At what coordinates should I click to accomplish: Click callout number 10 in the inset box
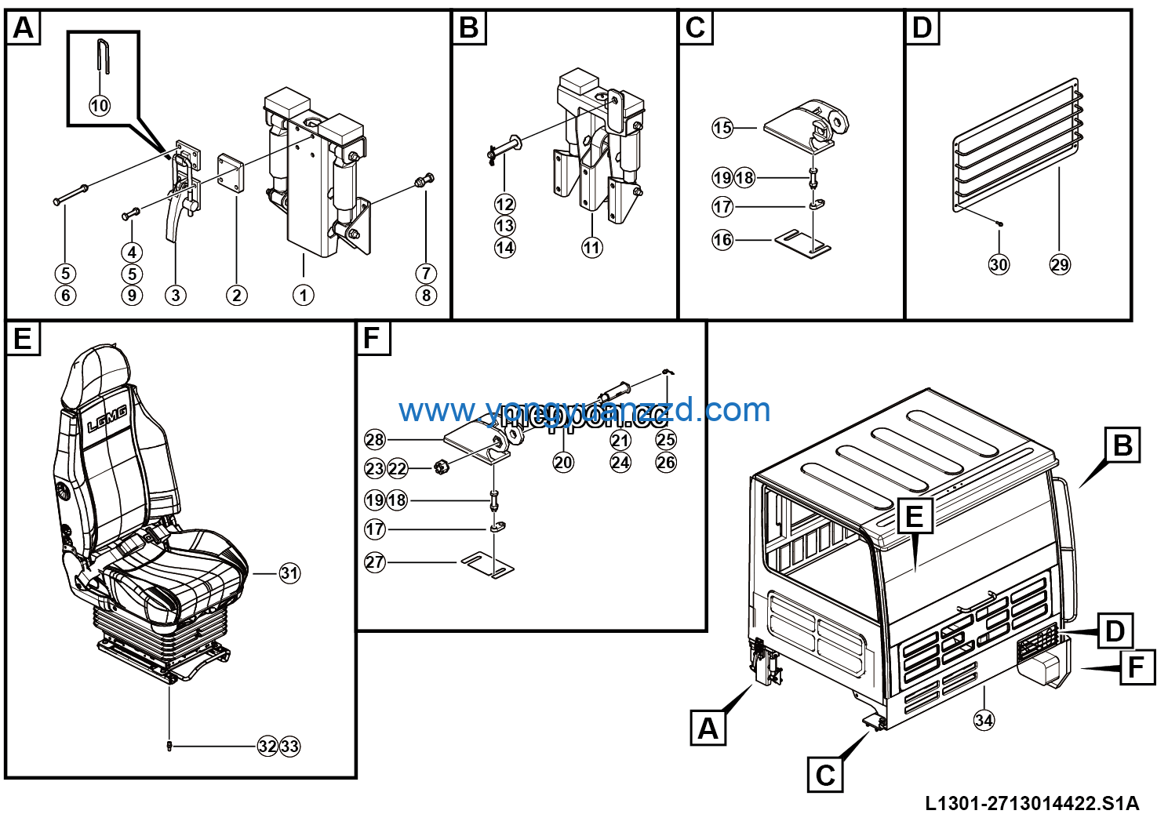(x=100, y=105)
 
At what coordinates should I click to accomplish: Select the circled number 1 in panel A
(x=304, y=295)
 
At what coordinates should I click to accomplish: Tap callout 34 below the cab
(x=984, y=719)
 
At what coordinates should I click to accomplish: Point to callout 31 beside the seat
(x=289, y=573)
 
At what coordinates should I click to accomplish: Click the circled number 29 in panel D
(x=1060, y=264)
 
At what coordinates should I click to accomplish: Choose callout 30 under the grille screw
(x=999, y=264)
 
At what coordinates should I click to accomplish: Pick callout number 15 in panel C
(x=722, y=128)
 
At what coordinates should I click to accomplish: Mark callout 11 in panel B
(x=591, y=248)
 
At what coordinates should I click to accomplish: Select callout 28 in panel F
(x=375, y=440)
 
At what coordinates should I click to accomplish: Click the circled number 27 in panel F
(x=375, y=562)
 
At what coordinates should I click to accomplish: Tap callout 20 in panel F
(x=563, y=462)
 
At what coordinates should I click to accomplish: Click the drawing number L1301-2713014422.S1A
(x=1032, y=803)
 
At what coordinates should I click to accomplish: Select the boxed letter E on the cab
(x=915, y=517)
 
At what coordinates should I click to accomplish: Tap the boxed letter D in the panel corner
(x=922, y=27)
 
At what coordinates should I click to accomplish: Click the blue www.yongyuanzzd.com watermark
(x=584, y=410)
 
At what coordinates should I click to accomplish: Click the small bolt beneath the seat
(x=169, y=745)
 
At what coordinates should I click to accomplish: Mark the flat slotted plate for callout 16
(x=802, y=242)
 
